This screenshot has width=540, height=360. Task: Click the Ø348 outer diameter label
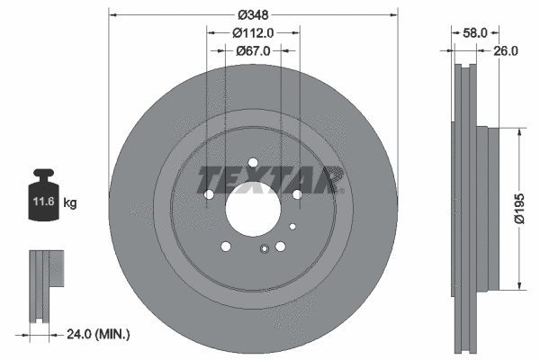coord(253,14)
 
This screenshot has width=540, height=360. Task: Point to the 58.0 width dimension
coord(474,31)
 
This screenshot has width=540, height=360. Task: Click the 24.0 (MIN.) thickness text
coord(99,334)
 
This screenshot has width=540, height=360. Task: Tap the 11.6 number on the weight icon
coord(42,203)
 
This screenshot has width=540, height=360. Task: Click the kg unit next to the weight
coord(70,203)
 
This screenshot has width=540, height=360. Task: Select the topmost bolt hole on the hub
coord(253,163)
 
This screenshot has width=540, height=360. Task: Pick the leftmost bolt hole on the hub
coord(209,194)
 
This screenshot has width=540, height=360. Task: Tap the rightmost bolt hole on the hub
coord(296,194)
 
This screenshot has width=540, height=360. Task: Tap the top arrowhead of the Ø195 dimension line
coord(520,130)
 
